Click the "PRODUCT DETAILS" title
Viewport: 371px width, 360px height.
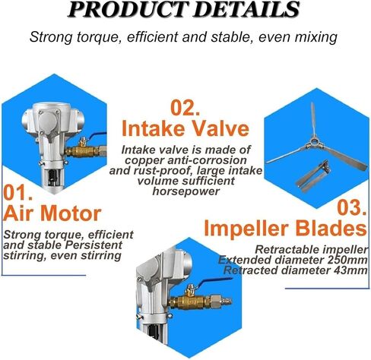183,9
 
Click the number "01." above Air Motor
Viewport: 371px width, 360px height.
17,193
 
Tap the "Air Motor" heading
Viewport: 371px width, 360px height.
52,213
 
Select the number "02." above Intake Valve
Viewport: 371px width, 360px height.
185,108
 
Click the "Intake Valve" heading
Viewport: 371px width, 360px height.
185,128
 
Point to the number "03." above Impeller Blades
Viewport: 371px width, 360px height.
352,207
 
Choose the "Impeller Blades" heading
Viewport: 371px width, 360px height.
285,228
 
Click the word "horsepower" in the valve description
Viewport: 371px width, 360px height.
185,191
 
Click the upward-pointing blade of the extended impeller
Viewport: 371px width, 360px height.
313,119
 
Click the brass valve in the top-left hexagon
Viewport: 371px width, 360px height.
83,150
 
